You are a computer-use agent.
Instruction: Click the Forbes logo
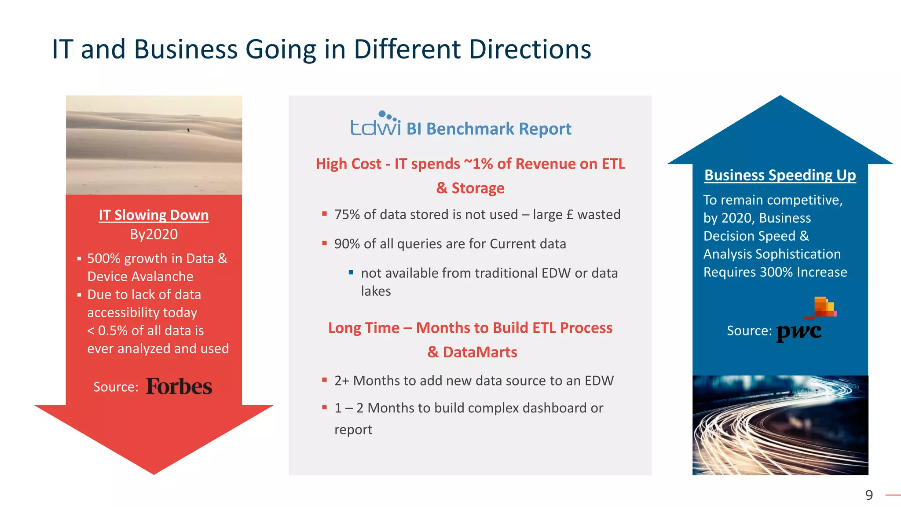click(179, 386)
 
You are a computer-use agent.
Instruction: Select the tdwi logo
click(375, 124)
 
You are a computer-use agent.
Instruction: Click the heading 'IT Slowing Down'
click(154, 215)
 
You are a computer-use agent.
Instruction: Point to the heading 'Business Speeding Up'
click(780, 175)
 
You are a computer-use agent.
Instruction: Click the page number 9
click(869, 495)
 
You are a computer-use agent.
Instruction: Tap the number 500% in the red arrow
click(104, 258)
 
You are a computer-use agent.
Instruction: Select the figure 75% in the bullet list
click(347, 215)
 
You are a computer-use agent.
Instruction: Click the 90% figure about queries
click(347, 244)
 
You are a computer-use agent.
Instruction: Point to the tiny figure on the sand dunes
click(188, 130)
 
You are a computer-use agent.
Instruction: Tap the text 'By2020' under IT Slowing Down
click(154, 234)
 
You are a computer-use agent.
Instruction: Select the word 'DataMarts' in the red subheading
click(480, 352)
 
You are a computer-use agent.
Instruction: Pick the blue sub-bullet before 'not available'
click(351, 272)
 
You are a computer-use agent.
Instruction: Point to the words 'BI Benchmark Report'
click(488, 129)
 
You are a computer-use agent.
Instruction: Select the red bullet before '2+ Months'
click(324, 380)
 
